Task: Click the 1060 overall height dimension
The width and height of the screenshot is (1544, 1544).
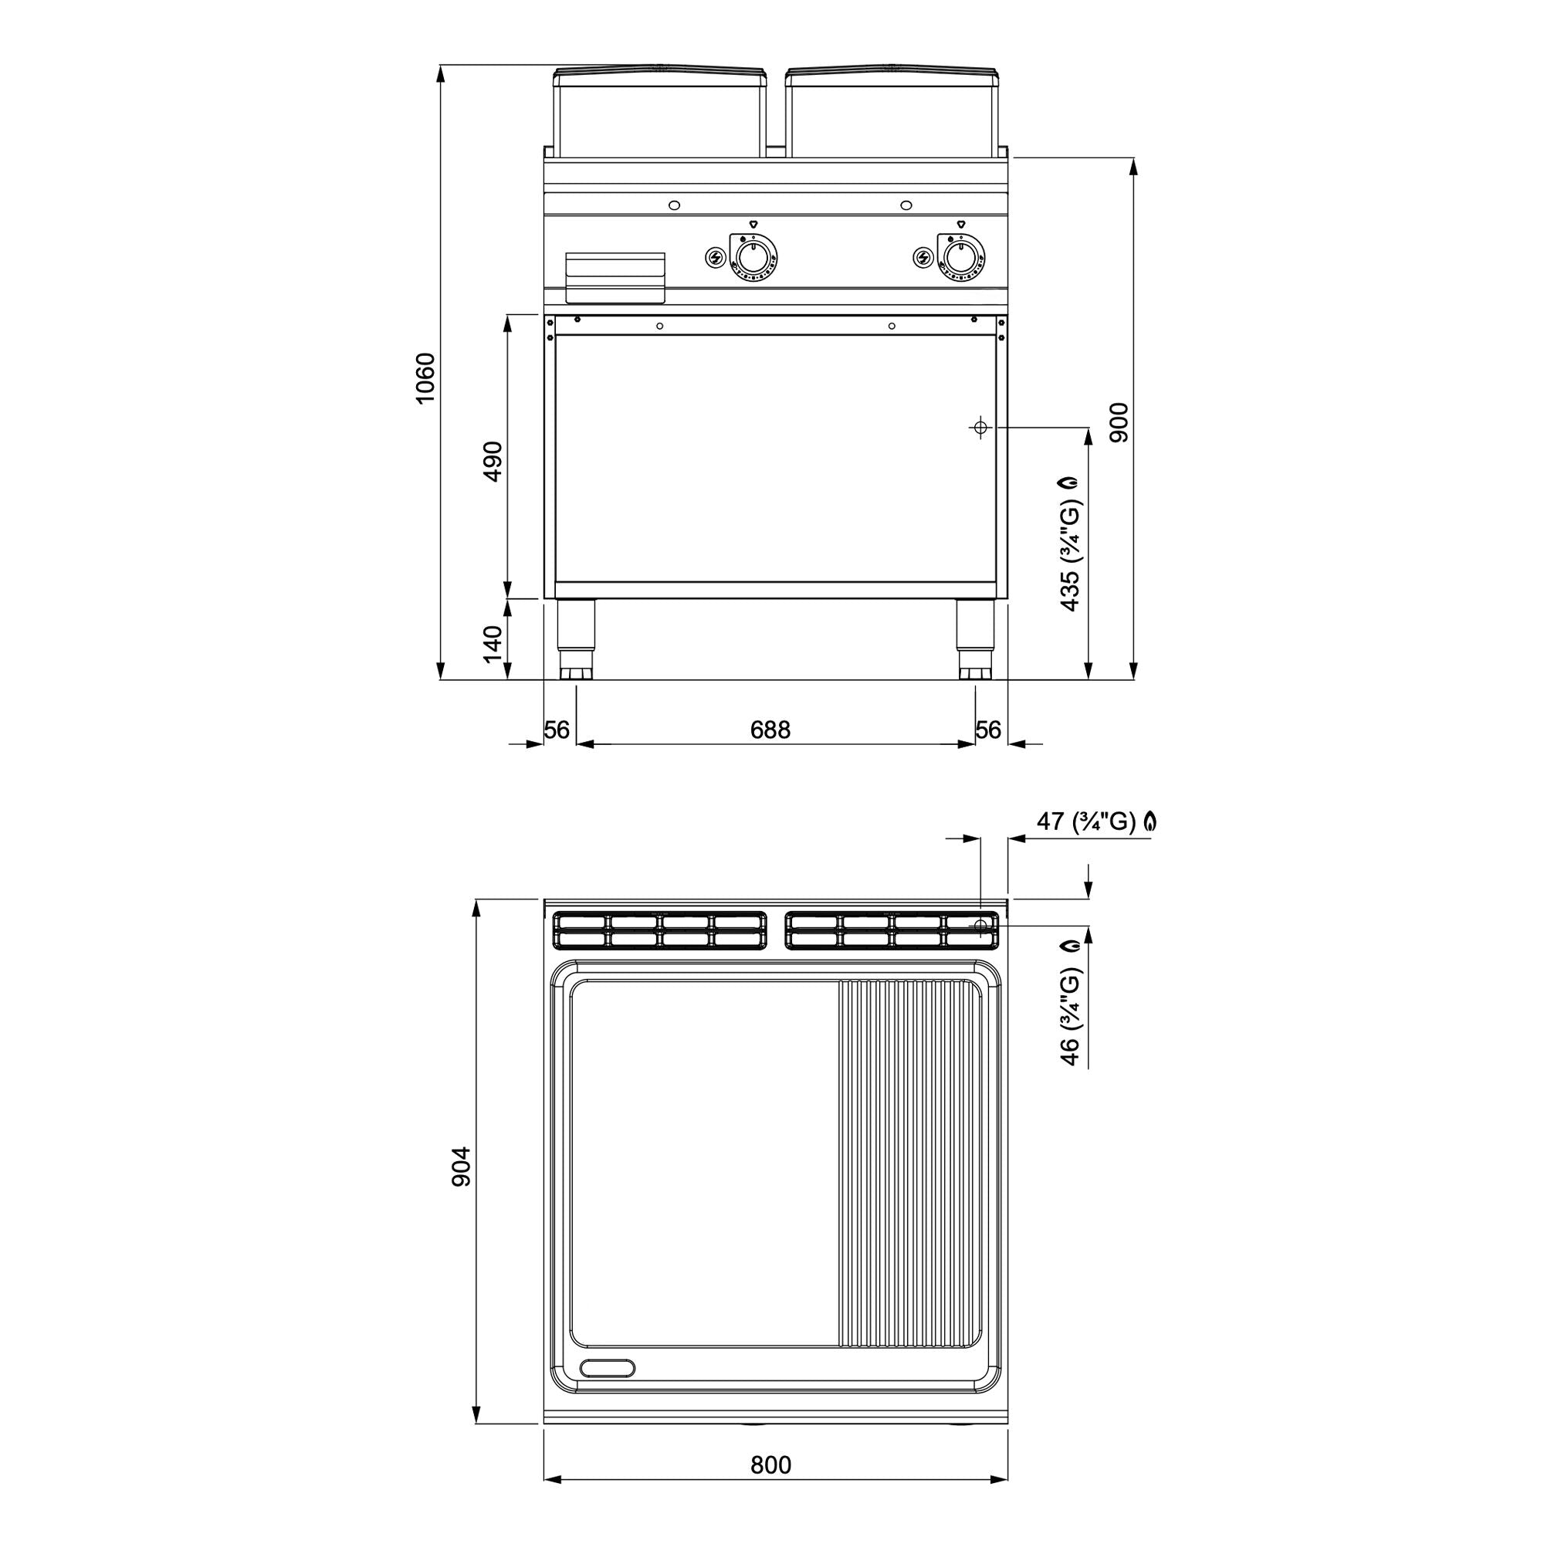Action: click(425, 378)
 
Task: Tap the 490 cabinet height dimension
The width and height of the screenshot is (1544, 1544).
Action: click(493, 461)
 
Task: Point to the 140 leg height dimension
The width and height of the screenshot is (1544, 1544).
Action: click(493, 644)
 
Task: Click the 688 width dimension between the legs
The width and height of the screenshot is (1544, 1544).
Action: click(770, 730)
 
